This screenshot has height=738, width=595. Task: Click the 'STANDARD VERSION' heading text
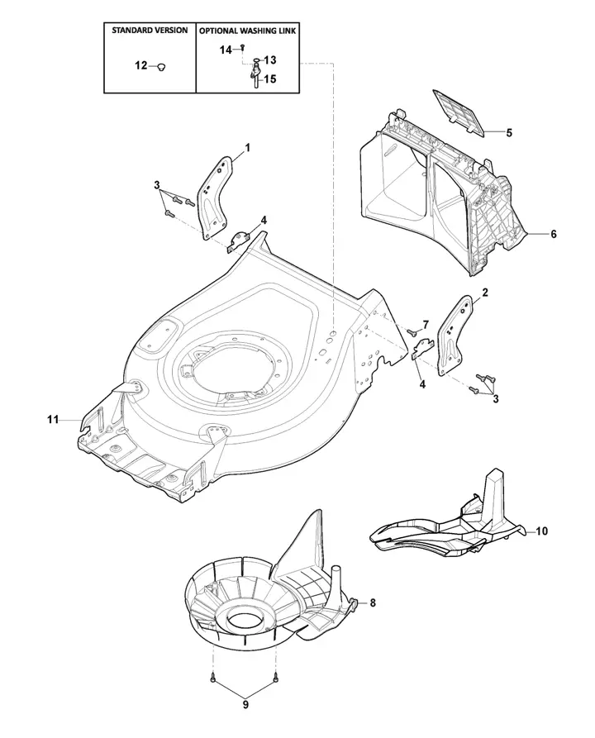click(x=150, y=30)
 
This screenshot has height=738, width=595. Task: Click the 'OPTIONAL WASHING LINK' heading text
click(x=248, y=31)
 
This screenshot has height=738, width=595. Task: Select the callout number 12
click(x=141, y=65)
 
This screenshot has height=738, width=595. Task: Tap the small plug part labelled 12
click(x=161, y=67)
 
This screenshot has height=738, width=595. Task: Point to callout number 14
click(x=226, y=50)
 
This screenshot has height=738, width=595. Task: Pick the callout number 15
click(x=270, y=79)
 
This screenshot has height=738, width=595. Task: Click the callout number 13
click(x=270, y=60)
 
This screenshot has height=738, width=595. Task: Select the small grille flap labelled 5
click(x=459, y=112)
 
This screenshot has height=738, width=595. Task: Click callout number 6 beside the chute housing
click(x=554, y=234)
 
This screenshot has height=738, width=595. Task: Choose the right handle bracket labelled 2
click(x=455, y=335)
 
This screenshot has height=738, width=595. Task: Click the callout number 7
click(x=426, y=325)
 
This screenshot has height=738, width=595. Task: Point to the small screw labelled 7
click(x=411, y=332)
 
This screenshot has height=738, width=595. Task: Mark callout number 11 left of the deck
click(x=53, y=419)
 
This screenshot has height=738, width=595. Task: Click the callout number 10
click(x=542, y=531)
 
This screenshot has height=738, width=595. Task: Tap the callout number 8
click(x=373, y=602)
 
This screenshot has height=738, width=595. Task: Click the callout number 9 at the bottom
click(x=245, y=705)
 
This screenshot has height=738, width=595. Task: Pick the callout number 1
click(x=248, y=148)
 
